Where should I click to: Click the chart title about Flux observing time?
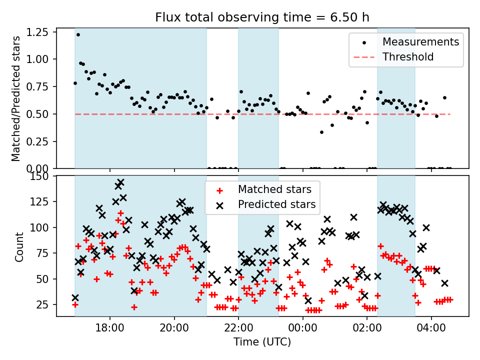[262, 17]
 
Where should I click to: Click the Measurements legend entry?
[420, 42]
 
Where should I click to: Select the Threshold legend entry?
[408, 56]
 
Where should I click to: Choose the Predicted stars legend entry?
[276, 204]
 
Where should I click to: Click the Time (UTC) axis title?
[262, 342]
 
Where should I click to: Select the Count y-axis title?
[19, 246]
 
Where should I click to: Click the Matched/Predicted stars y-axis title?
[16, 98]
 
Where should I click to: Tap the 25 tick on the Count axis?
[45, 304]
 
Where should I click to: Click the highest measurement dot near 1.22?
[78, 34]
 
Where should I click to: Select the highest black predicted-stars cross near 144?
[120, 182]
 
